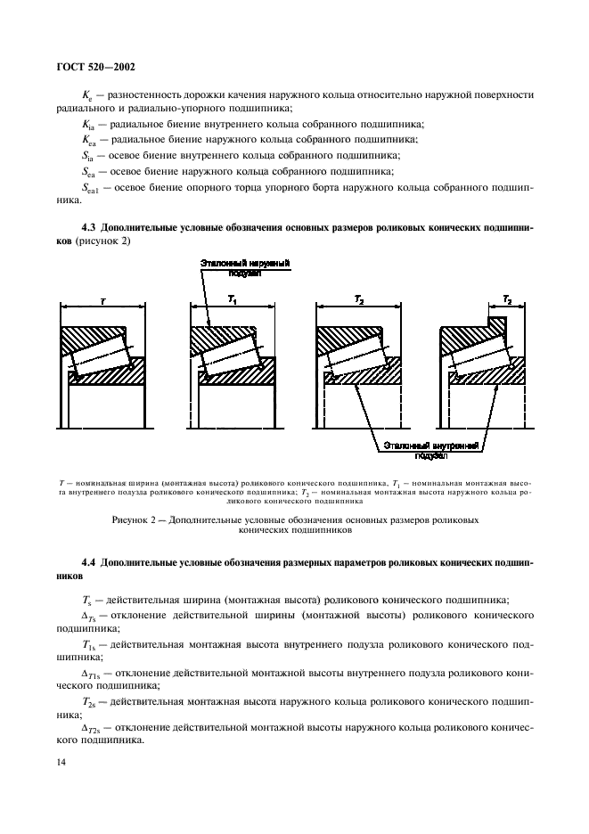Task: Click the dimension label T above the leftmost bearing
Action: click(x=102, y=302)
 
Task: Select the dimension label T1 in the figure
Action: click(x=232, y=302)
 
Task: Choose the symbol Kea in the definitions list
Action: click(x=87, y=140)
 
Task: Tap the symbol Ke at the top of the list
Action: click(x=86, y=93)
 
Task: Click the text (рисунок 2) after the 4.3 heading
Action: click(x=100, y=241)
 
